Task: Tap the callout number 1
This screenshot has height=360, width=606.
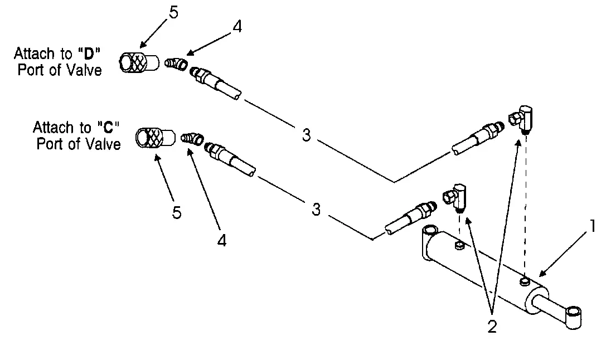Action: tap(593, 226)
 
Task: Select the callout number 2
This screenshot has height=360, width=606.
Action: tap(491, 327)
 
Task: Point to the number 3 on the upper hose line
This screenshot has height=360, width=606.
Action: tap(306, 135)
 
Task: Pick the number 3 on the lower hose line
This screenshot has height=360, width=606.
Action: tap(316, 210)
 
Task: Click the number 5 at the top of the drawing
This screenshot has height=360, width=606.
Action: tap(173, 13)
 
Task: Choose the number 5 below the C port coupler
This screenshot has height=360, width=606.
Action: tap(176, 212)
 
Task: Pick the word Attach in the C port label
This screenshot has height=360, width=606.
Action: tap(53, 128)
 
